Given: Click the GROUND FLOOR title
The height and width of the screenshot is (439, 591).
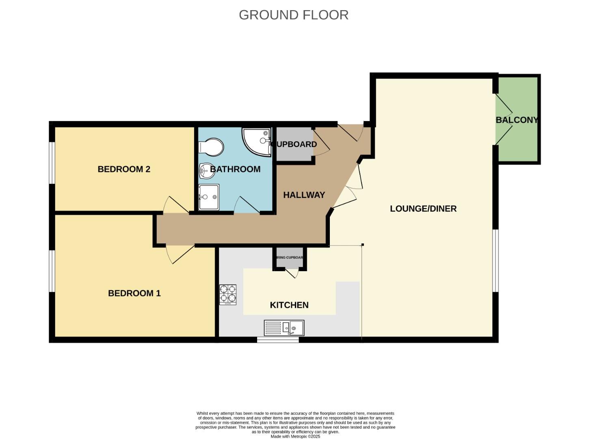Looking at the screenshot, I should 293,15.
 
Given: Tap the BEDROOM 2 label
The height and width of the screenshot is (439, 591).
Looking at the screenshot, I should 124,169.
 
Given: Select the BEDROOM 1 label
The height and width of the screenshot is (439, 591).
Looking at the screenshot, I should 134,293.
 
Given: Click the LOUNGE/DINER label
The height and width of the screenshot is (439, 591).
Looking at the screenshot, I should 423,209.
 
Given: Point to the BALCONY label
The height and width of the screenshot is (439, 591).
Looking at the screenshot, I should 517,120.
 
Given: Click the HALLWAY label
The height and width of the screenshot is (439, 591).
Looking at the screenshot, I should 304,195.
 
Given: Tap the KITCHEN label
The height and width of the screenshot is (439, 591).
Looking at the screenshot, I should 289,305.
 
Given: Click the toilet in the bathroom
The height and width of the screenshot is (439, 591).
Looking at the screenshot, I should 211,147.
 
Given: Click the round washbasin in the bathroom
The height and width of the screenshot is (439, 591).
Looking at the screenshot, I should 207,171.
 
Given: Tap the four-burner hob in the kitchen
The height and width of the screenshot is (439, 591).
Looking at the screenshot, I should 228,295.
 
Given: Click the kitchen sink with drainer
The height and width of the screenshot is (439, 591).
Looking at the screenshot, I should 284,328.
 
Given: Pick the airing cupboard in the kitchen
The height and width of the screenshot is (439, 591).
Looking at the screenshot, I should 290,258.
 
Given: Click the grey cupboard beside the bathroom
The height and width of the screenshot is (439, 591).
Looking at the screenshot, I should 294,144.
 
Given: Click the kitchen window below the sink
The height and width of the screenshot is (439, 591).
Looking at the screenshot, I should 278,340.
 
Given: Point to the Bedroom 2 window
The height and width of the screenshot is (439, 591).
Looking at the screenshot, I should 52,163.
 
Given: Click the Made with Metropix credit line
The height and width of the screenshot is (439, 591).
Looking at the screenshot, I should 295,437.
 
